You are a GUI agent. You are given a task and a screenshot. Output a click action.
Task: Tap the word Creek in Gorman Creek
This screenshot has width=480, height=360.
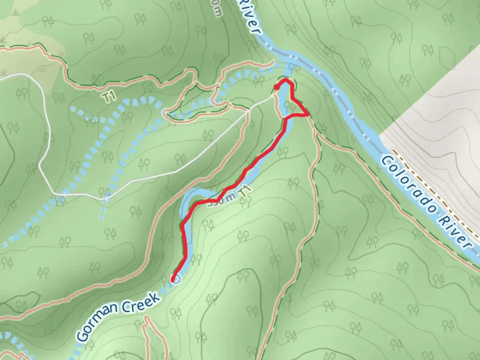coord(141,302)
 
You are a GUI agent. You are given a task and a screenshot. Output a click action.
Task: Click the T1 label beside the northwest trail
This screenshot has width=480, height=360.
coord(109,97)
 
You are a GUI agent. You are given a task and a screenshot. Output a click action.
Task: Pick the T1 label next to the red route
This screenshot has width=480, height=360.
coord(244,193)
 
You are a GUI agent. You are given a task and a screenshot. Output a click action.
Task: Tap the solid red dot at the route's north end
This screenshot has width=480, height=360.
coord(276,87)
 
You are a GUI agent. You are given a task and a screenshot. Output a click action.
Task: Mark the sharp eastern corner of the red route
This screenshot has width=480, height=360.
coord(308,115)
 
